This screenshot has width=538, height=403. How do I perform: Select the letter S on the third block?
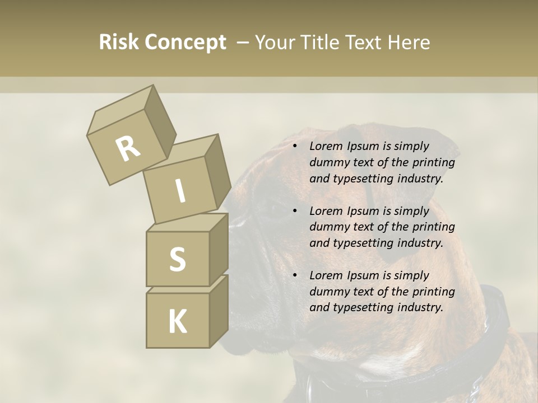tap(177, 259)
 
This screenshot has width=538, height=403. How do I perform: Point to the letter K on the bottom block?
tap(177, 322)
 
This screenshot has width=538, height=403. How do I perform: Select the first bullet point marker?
tap(295, 147)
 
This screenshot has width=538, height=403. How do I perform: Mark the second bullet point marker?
tap(295, 212)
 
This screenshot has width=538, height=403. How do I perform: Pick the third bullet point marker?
tap(295, 276)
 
